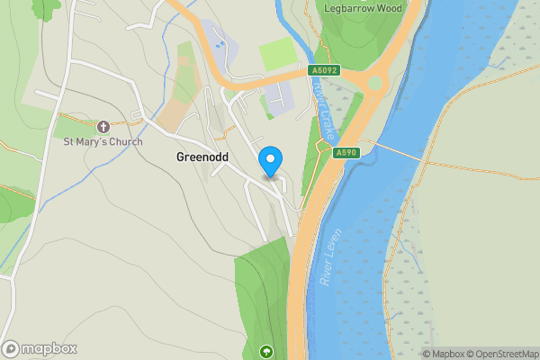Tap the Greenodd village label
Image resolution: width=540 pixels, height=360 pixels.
coord(202,157)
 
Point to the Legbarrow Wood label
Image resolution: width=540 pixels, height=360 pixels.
coord(364,8)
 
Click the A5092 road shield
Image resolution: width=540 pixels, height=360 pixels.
coord(325,70)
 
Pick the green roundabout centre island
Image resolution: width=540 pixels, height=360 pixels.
coord(373,83)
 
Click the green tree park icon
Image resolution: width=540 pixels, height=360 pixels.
coord(265,350)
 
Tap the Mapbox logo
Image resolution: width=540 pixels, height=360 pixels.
coord(40,349)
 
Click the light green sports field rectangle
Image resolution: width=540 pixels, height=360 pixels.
coord(278,54)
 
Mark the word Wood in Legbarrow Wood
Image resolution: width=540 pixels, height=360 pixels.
coord(390,8)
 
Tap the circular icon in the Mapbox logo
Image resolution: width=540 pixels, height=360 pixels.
coord(11,349)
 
